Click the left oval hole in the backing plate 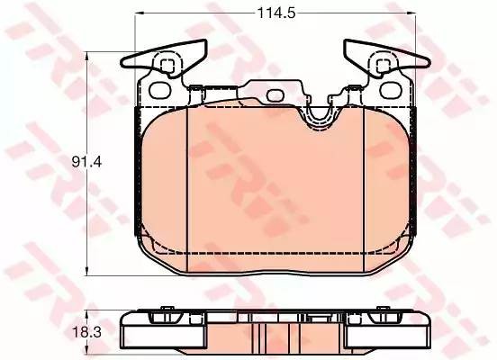pyautogui.click(x=160, y=91)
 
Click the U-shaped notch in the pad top pyautogui.click(x=318, y=115)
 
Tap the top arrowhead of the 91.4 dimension pyautogui.click(x=86, y=56)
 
